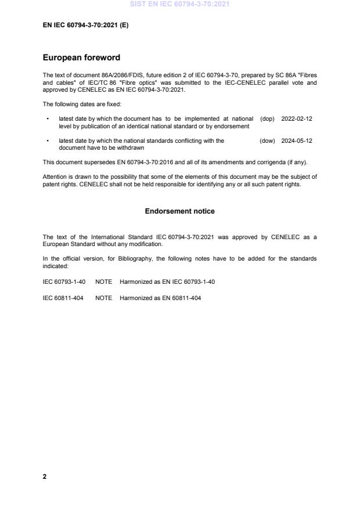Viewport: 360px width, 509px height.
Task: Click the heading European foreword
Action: [81, 58]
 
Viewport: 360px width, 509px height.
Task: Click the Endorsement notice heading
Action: [179, 211]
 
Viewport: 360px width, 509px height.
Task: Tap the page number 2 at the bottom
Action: [45, 476]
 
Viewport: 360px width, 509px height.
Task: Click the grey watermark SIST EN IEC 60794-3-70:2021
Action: [180, 4]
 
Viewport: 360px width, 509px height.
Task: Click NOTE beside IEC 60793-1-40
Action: [103, 281]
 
